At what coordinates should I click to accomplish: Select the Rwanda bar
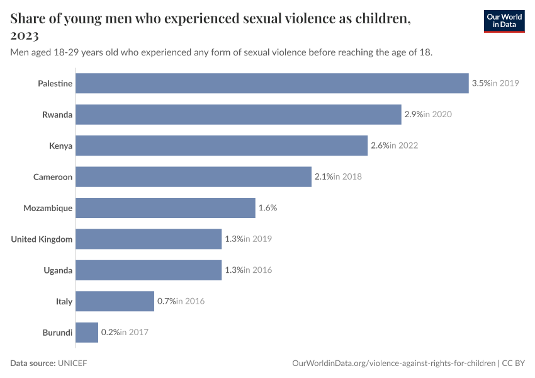(239, 115)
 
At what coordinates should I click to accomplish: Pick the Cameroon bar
(194, 177)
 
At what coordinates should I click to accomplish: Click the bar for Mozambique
(166, 208)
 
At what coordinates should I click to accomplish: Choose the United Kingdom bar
(149, 239)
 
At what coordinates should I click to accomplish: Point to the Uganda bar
(149, 270)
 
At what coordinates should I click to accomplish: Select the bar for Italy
(115, 301)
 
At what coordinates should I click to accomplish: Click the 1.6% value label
(267, 208)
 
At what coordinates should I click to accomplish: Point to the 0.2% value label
(110, 332)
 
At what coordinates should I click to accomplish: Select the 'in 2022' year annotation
(403, 146)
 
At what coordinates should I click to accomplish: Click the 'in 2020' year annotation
(437, 115)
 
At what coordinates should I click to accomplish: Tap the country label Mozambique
(48, 208)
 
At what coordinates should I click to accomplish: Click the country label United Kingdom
(42, 239)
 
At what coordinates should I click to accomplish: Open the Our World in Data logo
(504, 21)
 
